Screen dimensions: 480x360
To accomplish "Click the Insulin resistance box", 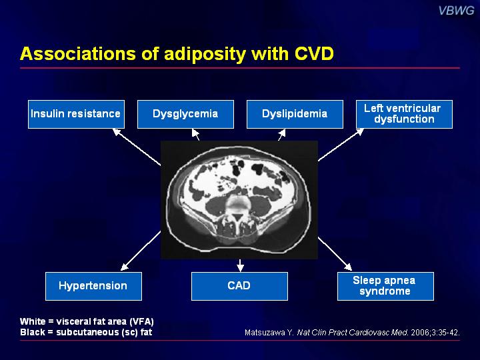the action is [x=76, y=114].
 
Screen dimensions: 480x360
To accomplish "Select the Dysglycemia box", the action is [x=185, y=114].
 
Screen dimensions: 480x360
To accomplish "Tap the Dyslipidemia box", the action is [x=295, y=114].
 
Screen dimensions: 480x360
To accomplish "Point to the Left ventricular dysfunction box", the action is [x=404, y=114].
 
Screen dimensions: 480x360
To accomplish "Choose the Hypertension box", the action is [x=93, y=286].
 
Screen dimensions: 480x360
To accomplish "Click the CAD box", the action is [x=239, y=286].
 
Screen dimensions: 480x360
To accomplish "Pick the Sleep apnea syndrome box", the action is [x=385, y=286].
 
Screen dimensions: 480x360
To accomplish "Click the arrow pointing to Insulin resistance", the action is [x=137, y=147].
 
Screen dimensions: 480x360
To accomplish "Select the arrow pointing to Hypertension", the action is [x=141, y=251].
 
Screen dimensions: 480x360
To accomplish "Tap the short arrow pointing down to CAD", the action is [x=240, y=265].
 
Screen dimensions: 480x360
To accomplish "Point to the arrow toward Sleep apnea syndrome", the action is [x=335, y=254].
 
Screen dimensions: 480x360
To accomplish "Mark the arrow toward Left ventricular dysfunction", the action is [x=341, y=145].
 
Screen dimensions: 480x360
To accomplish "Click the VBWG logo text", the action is [x=456, y=11].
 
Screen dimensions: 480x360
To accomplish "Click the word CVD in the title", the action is [x=314, y=53].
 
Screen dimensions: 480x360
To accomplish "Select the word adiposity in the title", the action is [x=205, y=54].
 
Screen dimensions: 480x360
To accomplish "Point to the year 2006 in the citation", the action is [x=420, y=333].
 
